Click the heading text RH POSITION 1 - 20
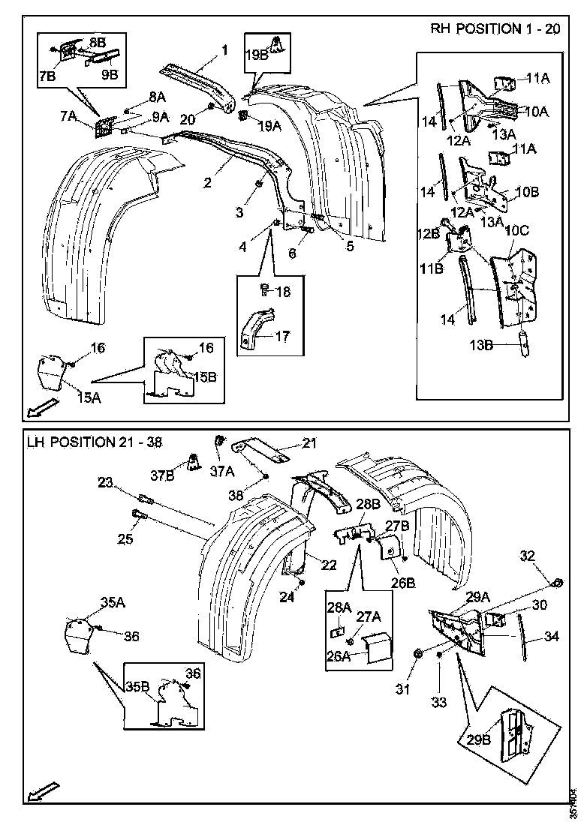495,29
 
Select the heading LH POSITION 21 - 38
93,442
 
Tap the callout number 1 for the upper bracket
223,51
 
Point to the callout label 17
282,337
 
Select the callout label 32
528,556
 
